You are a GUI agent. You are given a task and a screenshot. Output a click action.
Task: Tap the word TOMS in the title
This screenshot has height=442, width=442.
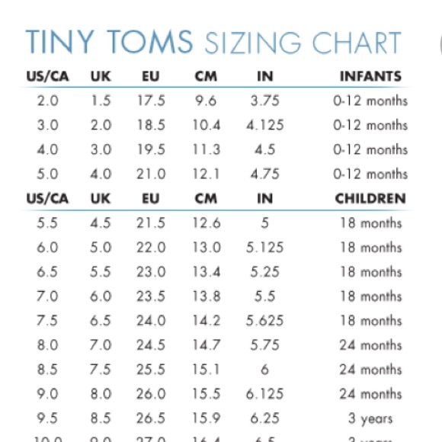[x=149, y=42]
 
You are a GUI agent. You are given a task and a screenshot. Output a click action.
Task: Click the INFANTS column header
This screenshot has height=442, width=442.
[x=370, y=76]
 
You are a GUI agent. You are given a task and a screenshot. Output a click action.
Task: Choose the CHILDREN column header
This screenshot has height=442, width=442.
[x=370, y=199]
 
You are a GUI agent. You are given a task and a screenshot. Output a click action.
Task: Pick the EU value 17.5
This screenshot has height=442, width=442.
[x=150, y=101]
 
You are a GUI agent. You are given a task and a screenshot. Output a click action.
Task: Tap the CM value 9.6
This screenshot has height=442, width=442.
[x=205, y=101]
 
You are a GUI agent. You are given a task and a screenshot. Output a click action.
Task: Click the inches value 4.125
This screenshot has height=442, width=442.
[x=264, y=125]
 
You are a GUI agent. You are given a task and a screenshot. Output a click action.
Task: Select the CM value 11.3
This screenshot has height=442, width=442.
[x=205, y=149]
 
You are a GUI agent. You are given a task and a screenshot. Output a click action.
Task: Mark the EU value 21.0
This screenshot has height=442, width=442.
[x=150, y=174]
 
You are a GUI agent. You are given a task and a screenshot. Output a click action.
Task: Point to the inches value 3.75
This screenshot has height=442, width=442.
[x=264, y=101]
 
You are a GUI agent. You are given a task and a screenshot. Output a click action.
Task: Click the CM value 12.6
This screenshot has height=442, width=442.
[x=205, y=223]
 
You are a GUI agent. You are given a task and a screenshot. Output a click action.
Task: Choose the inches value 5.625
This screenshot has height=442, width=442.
[x=264, y=321]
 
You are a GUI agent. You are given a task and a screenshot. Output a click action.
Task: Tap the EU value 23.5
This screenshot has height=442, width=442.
[x=150, y=296]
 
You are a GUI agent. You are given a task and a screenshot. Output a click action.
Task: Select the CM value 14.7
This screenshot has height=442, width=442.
[x=205, y=345]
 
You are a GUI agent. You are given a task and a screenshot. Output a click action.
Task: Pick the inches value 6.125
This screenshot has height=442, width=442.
[x=264, y=394]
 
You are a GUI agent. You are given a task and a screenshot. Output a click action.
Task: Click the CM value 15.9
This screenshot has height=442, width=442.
[x=205, y=418]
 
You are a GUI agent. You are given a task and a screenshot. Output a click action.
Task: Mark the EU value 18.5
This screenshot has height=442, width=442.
[x=150, y=125]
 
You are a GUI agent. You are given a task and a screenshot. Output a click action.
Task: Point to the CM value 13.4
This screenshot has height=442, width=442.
[x=205, y=272]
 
